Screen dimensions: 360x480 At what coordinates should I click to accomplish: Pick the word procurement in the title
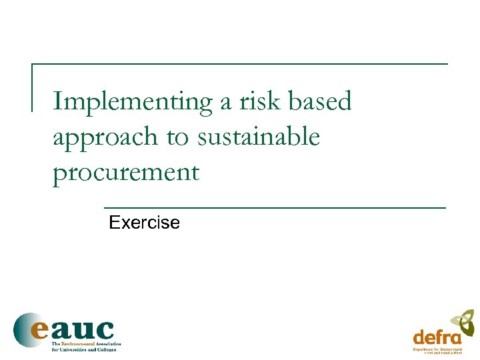click(x=126, y=173)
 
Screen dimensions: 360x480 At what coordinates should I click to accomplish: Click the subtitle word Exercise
click(x=144, y=223)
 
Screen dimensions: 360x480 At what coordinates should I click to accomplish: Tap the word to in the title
click(x=177, y=138)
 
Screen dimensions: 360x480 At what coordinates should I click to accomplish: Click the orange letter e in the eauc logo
click(x=41, y=329)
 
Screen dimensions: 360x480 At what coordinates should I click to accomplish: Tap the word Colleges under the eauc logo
click(x=105, y=349)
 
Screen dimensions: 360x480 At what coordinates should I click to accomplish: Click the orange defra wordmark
click(x=437, y=337)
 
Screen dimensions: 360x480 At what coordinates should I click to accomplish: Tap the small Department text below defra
click(x=426, y=349)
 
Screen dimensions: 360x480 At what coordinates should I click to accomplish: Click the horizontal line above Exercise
click(x=275, y=209)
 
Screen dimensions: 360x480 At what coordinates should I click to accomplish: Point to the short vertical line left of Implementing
click(x=33, y=87)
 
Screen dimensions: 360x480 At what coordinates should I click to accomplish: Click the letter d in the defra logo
click(x=419, y=337)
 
